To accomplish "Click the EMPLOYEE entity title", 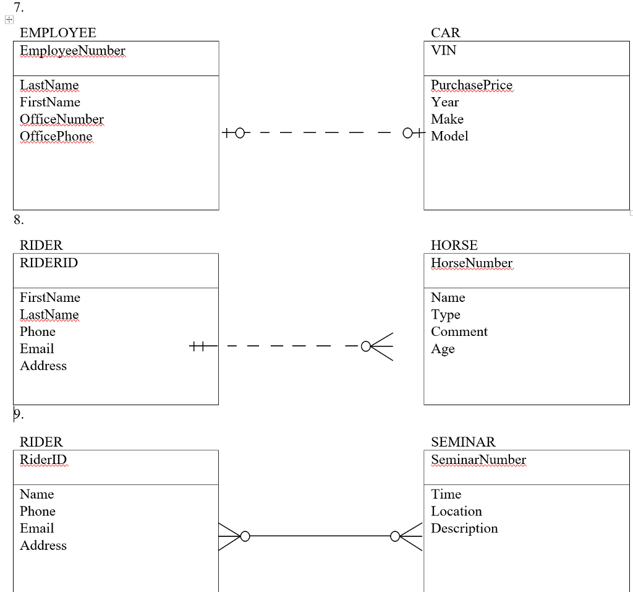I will (x=57, y=33).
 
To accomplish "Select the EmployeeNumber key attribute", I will (x=72, y=51).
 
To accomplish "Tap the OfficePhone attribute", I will (x=56, y=137).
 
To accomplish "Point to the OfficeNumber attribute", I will (x=61, y=119).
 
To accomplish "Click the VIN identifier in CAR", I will (x=443, y=51).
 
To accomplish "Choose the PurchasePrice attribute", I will (x=471, y=85).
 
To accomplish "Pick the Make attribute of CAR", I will (x=447, y=119).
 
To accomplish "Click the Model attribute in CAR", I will (x=449, y=137).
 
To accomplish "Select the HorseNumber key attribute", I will (x=472, y=263).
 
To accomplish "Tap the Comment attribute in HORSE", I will (x=459, y=332).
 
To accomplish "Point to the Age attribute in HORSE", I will (x=443, y=349).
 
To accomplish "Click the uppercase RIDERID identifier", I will (x=49, y=263).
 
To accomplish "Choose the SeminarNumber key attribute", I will (x=478, y=460).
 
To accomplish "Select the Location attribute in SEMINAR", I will (x=456, y=512).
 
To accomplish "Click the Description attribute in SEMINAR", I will (x=464, y=528).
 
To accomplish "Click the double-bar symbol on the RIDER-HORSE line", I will (x=197, y=346).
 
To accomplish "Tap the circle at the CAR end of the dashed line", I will (x=407, y=133).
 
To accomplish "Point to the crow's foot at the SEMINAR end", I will (x=412, y=536).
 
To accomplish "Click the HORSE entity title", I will (x=454, y=246).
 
